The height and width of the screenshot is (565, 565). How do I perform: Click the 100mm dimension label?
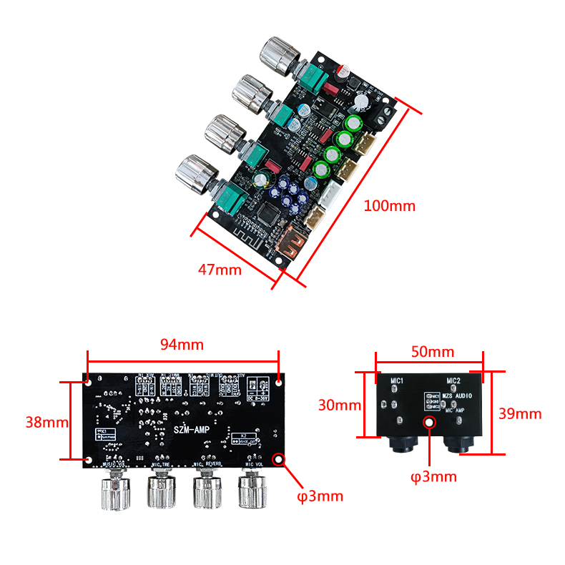(x=389, y=206)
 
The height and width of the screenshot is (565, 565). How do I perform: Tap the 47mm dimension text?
(x=220, y=270)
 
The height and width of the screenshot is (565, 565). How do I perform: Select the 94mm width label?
(x=182, y=344)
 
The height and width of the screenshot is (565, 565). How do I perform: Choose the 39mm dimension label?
(x=521, y=413)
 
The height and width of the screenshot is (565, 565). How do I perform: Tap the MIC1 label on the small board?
(x=398, y=382)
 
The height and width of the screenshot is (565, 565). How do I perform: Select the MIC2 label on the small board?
(x=453, y=381)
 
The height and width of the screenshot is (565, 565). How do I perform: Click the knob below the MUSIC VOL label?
(x=114, y=492)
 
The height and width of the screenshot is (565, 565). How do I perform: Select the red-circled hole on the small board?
(x=429, y=423)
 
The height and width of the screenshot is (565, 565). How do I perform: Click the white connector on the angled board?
(x=333, y=193)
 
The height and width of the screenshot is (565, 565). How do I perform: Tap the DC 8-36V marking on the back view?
(x=256, y=396)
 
